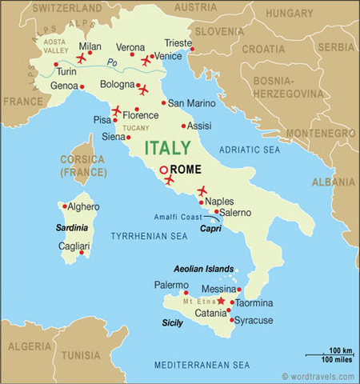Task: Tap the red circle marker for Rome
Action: coord(164,170)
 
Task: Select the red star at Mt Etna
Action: coord(222,301)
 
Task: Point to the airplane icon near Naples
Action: coord(202,190)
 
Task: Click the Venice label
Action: coord(168,55)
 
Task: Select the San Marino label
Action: coord(192,102)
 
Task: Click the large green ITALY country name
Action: coord(168,148)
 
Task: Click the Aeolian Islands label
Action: coord(204,269)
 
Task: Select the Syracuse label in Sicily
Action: coord(254,320)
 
